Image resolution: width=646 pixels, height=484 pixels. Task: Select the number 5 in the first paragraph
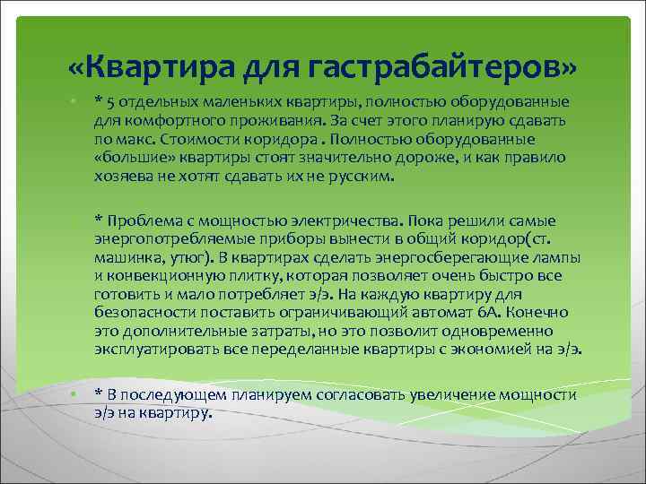tap(109, 101)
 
